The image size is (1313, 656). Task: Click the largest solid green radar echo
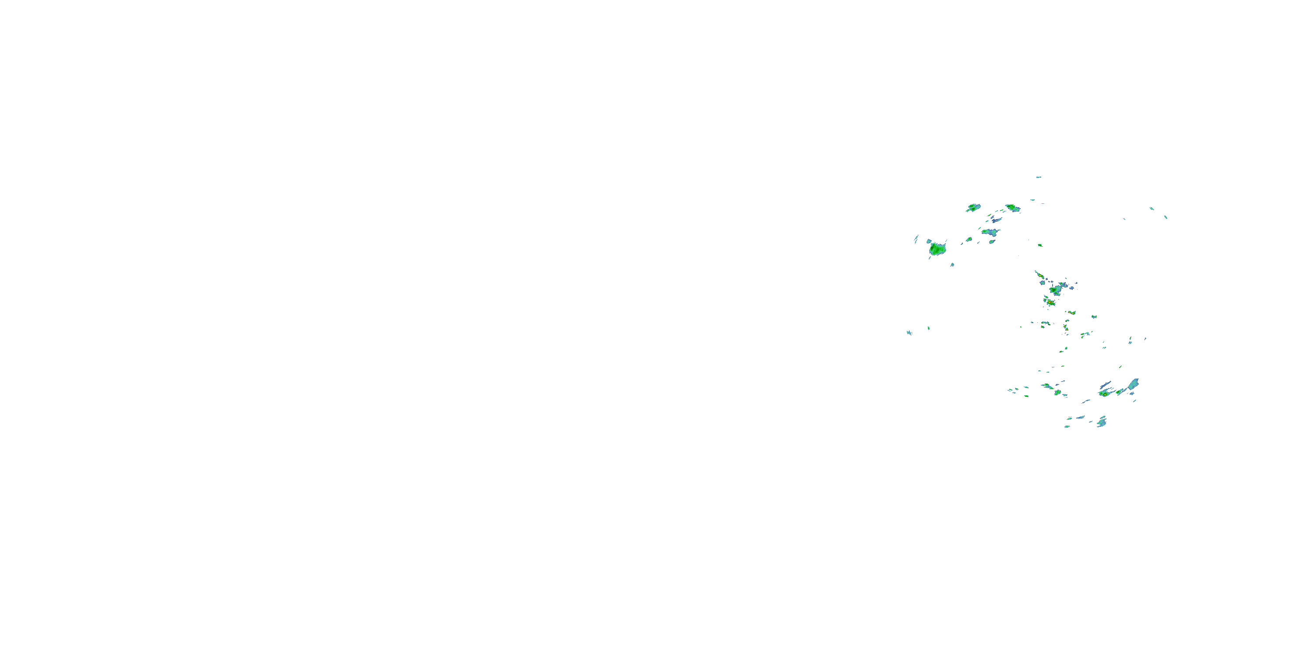[937, 249]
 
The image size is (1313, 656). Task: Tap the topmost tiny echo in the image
[1038, 177]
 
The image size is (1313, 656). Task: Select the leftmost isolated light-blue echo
[909, 332]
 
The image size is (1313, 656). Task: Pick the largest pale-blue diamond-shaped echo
[1133, 384]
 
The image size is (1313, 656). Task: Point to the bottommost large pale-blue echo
[1102, 422]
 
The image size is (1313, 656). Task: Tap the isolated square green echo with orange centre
[1040, 245]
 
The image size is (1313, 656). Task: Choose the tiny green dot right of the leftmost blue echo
[928, 328]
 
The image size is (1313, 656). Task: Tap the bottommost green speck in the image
[1067, 426]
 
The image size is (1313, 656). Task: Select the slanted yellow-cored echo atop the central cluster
[1038, 275]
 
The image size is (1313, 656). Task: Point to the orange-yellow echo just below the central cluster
[1050, 303]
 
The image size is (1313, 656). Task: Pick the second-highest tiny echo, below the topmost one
[1032, 200]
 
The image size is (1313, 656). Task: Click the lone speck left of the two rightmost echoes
[1124, 219]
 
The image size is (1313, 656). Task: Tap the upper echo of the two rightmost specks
[1152, 208]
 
